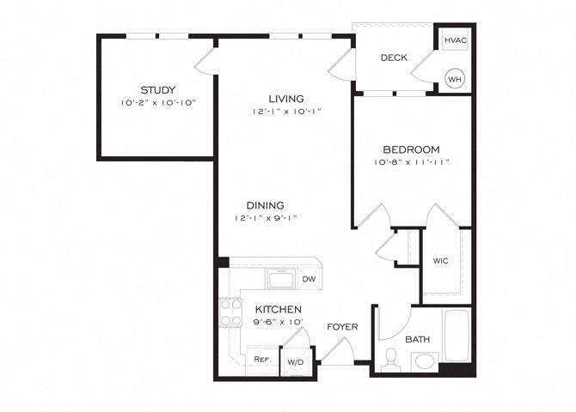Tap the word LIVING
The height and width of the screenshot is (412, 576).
click(x=285, y=99)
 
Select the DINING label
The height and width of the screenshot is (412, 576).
click(x=265, y=205)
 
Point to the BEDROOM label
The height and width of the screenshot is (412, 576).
click(x=413, y=148)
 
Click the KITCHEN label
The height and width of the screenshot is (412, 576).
click(x=277, y=309)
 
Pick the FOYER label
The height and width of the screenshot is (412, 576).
click(x=342, y=327)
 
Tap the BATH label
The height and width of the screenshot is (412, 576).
click(x=418, y=340)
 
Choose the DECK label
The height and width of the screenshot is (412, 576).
click(x=393, y=58)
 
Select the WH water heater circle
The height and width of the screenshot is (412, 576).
click(x=454, y=80)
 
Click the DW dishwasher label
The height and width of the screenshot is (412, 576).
click(x=308, y=279)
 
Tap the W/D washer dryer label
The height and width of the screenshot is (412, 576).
click(x=294, y=361)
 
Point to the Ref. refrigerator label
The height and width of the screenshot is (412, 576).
click(x=262, y=360)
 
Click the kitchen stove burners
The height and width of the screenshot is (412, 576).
click(x=230, y=312)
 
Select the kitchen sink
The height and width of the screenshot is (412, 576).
click(x=280, y=278)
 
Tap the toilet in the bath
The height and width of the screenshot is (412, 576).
click(x=391, y=358)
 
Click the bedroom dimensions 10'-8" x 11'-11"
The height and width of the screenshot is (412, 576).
click(x=413, y=161)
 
